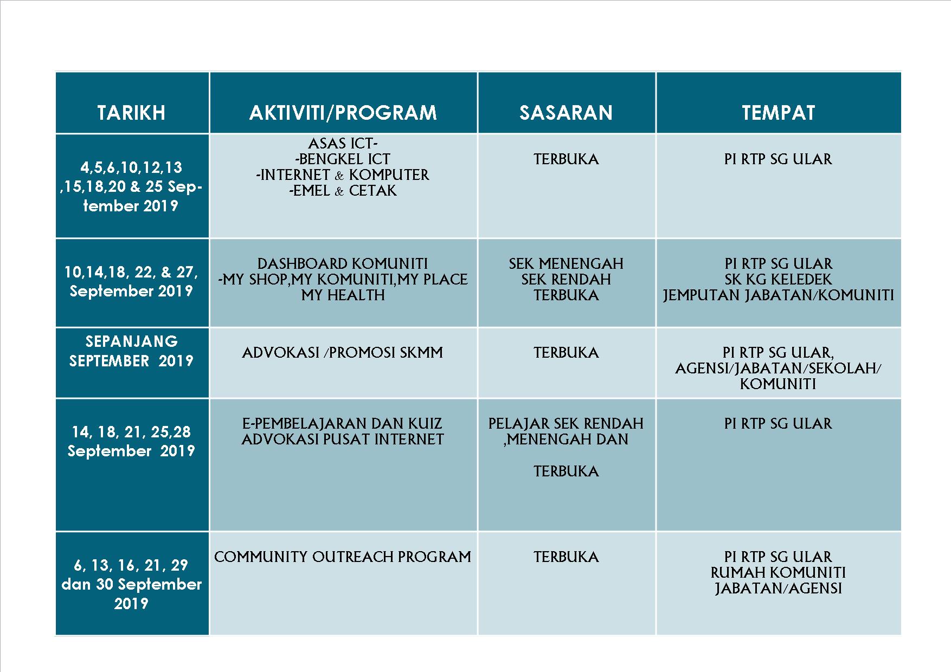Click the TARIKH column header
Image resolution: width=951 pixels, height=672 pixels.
pyautogui.click(x=131, y=113)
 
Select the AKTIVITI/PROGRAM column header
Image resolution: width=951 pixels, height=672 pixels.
pyautogui.click(x=343, y=113)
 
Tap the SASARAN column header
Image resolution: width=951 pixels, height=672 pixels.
pyautogui.click(x=566, y=113)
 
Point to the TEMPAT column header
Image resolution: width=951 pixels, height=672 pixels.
pyautogui.click(x=778, y=113)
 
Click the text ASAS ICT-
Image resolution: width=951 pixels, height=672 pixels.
pyautogui.click(x=343, y=144)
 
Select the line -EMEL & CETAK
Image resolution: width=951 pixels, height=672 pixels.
pyautogui.click(x=343, y=191)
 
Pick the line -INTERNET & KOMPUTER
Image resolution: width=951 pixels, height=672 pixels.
pyautogui.click(x=343, y=175)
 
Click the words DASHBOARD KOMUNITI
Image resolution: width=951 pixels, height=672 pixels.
pyautogui.click(x=343, y=264)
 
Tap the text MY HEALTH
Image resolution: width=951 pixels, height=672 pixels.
pyautogui.click(x=343, y=295)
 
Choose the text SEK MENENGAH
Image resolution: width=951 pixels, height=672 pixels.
pyautogui.click(x=566, y=264)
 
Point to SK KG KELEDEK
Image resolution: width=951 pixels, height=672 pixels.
pyautogui.click(x=778, y=280)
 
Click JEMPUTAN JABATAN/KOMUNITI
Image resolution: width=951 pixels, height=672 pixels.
pyautogui.click(x=778, y=295)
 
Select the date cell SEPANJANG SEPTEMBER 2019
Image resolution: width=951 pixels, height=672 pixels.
pyautogui.click(x=131, y=351)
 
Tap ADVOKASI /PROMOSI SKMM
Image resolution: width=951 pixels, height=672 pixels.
pyautogui.click(x=343, y=353)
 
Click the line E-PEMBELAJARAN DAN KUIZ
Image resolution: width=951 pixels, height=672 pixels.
pyautogui.click(x=343, y=424)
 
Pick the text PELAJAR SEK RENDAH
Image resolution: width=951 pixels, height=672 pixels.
pyautogui.click(x=566, y=424)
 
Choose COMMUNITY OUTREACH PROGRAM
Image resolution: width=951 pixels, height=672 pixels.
pyautogui.click(x=343, y=557)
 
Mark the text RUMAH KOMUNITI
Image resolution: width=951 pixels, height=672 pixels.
pyautogui.click(x=778, y=573)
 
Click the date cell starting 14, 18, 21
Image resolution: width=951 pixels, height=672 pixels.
pyautogui.click(x=131, y=441)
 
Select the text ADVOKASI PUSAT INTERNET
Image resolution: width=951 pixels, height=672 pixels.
pyautogui.click(x=343, y=440)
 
